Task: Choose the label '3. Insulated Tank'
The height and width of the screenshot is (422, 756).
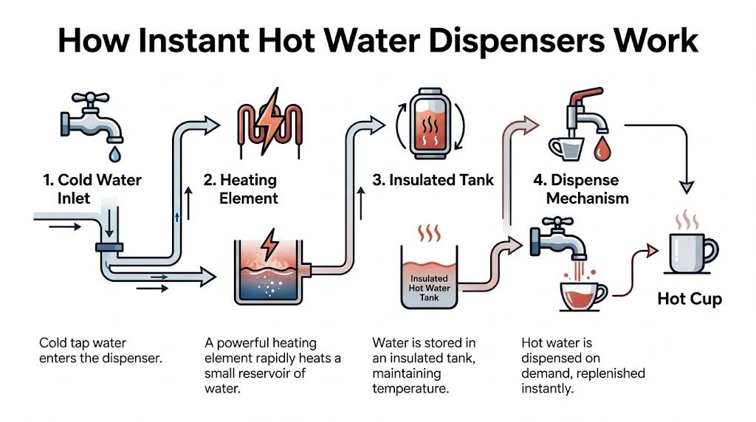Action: coord(432,180)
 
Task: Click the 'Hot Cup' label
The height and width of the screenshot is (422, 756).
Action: coord(690,299)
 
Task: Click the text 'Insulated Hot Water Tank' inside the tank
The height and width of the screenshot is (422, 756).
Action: coord(429,287)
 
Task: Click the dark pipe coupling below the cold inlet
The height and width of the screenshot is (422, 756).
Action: coord(110,246)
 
